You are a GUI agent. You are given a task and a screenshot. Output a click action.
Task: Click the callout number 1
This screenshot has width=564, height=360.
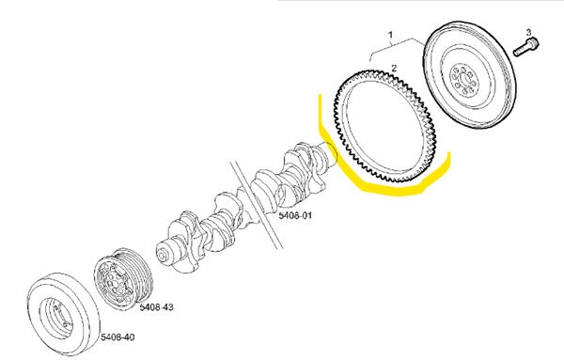pos(390,35)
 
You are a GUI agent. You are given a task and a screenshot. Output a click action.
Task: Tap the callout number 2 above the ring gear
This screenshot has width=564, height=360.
pos(394,68)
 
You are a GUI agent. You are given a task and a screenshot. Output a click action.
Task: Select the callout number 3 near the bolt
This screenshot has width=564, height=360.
pos(528,32)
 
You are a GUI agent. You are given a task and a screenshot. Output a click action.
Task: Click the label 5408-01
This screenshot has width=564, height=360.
pos(295,215)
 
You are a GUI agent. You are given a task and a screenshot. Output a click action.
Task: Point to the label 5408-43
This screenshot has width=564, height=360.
pos(156,307)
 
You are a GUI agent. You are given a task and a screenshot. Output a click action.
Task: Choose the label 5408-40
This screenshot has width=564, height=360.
pos(117,337)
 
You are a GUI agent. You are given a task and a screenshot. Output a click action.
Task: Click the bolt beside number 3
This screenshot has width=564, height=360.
pos(525,47)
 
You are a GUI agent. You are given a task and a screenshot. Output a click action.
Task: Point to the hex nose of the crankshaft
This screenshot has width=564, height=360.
pos(163,255)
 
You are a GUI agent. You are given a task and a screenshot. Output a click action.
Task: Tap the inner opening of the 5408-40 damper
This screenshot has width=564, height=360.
pos(57,319)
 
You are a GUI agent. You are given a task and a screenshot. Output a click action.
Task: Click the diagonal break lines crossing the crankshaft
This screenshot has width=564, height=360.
pos(256,205)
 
